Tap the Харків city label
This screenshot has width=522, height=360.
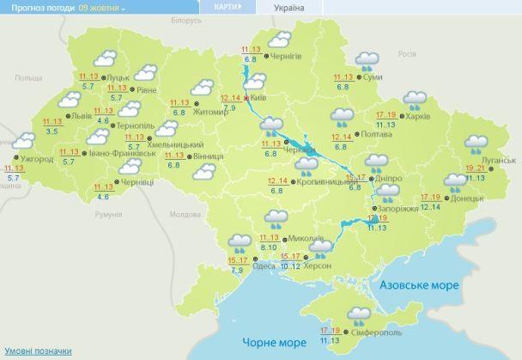(442, 117)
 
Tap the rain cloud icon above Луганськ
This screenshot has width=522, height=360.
(477, 143)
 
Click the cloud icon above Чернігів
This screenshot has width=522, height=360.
(279, 39)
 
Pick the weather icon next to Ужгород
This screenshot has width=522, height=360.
(24, 141)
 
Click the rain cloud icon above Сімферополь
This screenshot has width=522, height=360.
(359, 314)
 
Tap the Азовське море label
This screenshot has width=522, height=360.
(419, 284)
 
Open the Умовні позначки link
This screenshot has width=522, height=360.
(38, 351)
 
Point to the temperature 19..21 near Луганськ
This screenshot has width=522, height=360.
(476, 168)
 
